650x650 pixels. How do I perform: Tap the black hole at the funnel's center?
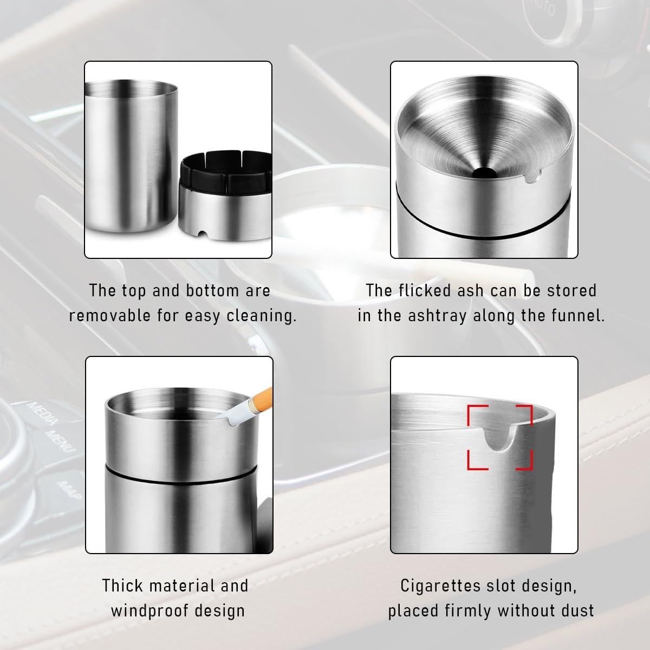tap(480, 173)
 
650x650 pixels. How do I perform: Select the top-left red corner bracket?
tap(476, 413)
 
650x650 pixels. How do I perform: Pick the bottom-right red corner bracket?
tap(525, 461)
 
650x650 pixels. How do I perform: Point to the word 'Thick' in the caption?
tap(122, 586)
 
